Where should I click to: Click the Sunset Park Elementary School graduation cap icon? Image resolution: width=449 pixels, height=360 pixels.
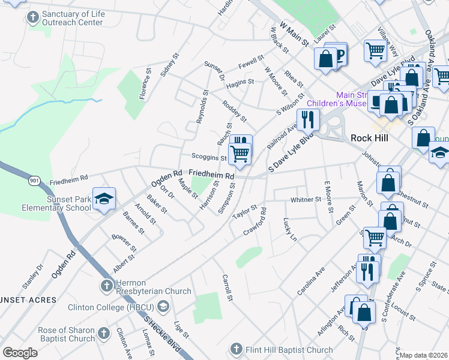click(x=104, y=200)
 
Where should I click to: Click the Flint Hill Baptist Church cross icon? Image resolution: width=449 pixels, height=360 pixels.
click(x=236, y=349)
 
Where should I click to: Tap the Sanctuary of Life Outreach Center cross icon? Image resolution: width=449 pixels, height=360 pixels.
click(x=31, y=17)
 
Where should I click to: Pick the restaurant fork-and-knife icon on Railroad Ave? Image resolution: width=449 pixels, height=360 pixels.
click(x=308, y=120)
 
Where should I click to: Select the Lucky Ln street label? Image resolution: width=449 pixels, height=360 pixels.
click(x=289, y=230)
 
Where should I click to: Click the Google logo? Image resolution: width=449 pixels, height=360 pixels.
click(x=20, y=352)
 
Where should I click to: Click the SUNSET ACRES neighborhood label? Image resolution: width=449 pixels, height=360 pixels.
click(x=28, y=299)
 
